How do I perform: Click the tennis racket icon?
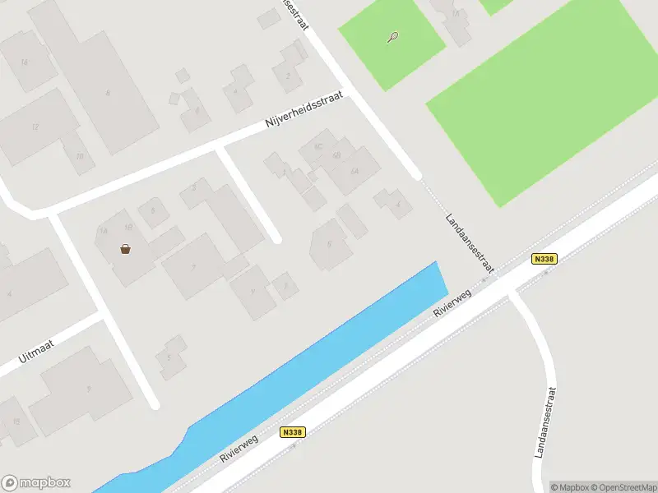click(394, 37)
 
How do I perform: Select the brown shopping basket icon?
click(125, 249)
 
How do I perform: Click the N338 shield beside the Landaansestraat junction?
click(544, 258)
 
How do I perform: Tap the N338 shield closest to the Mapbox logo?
click(292, 432)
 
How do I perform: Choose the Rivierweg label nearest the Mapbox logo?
click(239, 448)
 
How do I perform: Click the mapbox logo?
click(35, 483)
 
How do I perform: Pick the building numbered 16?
click(23, 62)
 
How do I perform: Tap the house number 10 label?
click(79, 156)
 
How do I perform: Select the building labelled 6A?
click(354, 171)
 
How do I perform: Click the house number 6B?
click(336, 156)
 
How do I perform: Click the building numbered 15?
click(15, 422)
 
